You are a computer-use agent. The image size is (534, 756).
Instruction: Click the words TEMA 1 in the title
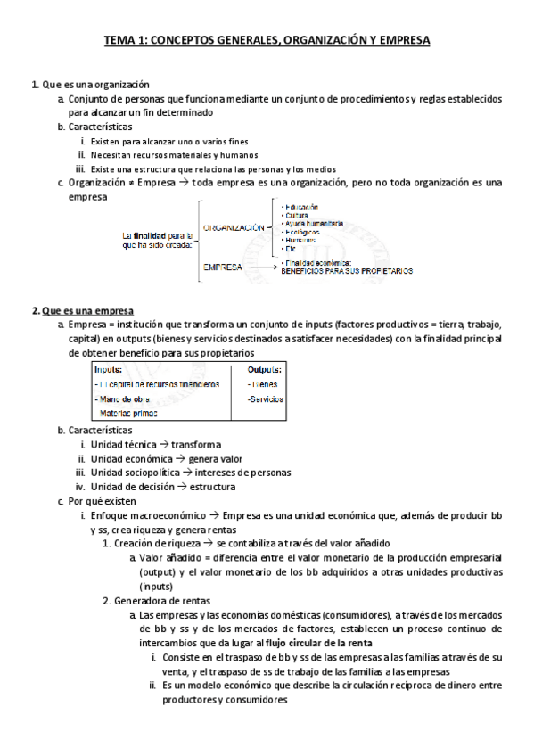125,40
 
